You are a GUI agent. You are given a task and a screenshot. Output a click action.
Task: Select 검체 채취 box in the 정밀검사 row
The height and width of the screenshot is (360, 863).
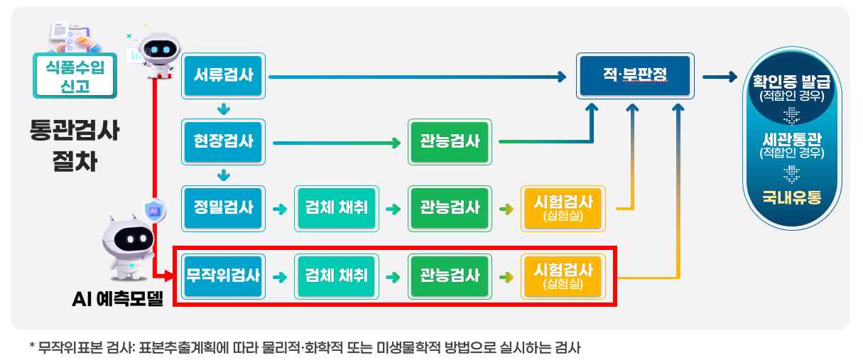(x=337, y=209)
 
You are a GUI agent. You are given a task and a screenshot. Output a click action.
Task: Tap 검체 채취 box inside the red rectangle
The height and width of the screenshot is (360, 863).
(x=337, y=275)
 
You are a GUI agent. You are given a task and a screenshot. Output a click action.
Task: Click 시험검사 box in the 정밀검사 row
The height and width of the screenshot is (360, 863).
(x=562, y=209)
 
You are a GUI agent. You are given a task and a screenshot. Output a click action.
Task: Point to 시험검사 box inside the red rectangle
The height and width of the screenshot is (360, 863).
(x=562, y=275)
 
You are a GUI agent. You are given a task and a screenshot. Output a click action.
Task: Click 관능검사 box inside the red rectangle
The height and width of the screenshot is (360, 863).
(x=449, y=275)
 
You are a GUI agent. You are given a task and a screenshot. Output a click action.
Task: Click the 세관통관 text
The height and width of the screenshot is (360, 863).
(x=791, y=139)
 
